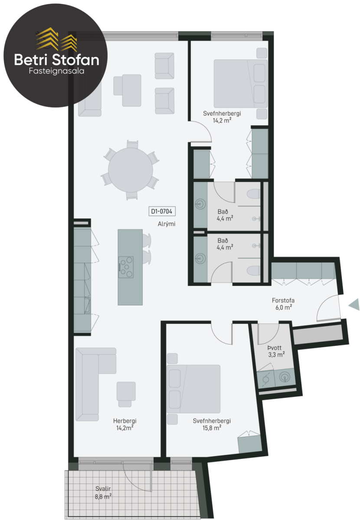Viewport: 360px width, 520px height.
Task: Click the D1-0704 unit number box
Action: point(162,211)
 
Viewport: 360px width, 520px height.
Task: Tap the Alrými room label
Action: point(167,224)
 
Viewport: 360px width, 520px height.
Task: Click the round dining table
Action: point(131,170)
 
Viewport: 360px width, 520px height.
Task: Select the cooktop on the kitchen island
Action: point(126,267)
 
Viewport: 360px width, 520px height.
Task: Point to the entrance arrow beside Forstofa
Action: point(354,304)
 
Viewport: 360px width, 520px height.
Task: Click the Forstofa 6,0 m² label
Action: point(283,304)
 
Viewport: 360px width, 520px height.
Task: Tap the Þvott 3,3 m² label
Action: point(276,351)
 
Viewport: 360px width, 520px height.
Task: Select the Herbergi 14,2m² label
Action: point(124,424)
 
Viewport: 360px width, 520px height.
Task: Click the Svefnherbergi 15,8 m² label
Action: point(212,424)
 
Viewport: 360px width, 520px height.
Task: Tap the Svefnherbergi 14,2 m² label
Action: point(222,117)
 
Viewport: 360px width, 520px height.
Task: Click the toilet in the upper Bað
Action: point(254,194)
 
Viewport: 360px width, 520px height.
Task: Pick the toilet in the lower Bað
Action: point(254,271)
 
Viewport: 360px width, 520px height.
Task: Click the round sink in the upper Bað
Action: point(200,204)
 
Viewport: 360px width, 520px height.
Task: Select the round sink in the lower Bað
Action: point(200,258)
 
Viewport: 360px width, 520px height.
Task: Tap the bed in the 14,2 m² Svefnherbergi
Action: point(241,84)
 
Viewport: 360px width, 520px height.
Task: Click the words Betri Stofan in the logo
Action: point(57,60)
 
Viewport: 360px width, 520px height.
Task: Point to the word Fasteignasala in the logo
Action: point(56,71)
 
